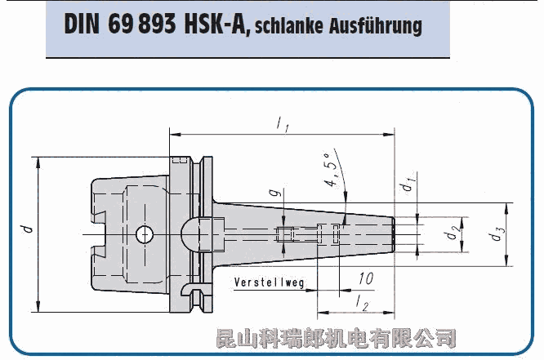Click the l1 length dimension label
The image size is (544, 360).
pos(282,124)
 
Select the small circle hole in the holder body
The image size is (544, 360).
pos(145,234)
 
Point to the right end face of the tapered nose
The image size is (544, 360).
pos(394,234)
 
